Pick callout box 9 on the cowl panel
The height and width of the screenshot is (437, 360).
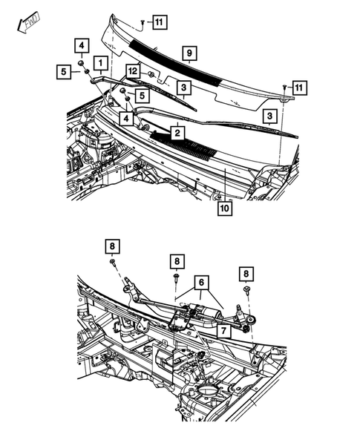click(x=189, y=54)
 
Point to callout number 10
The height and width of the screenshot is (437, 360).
click(x=223, y=208)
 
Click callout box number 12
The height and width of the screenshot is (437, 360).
click(x=133, y=71)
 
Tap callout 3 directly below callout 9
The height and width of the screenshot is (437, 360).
click(x=184, y=88)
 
